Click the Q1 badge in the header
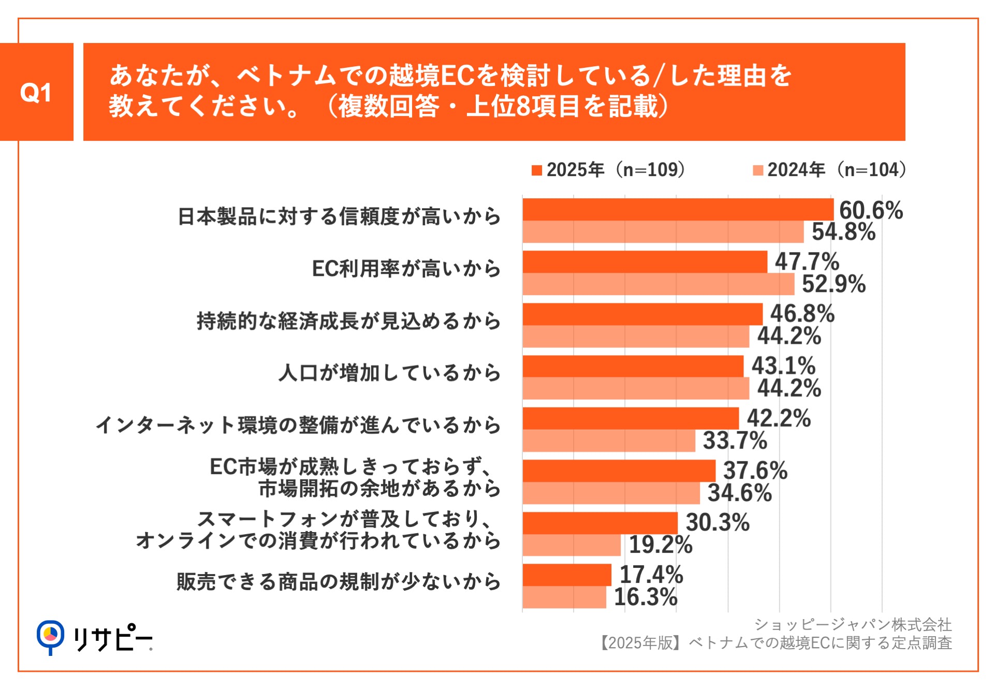(36, 92)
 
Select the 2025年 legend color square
(536, 170)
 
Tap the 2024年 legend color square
(757, 170)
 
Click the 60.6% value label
(871, 210)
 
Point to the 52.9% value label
(834, 284)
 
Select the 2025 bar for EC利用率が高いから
(645, 262)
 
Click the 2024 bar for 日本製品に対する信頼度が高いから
(663, 232)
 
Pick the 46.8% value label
(802, 314)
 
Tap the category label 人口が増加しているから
(389, 373)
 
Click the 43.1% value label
(783, 366)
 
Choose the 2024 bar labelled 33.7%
(609, 441)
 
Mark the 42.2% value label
(779, 418)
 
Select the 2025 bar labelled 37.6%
(619, 471)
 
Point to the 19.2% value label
(661, 545)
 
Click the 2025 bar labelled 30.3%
(600, 523)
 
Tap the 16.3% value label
(646, 597)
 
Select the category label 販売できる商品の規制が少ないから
(339, 581)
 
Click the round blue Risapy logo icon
(50, 635)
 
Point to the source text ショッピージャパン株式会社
(853, 625)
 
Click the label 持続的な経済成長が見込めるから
(348, 321)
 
